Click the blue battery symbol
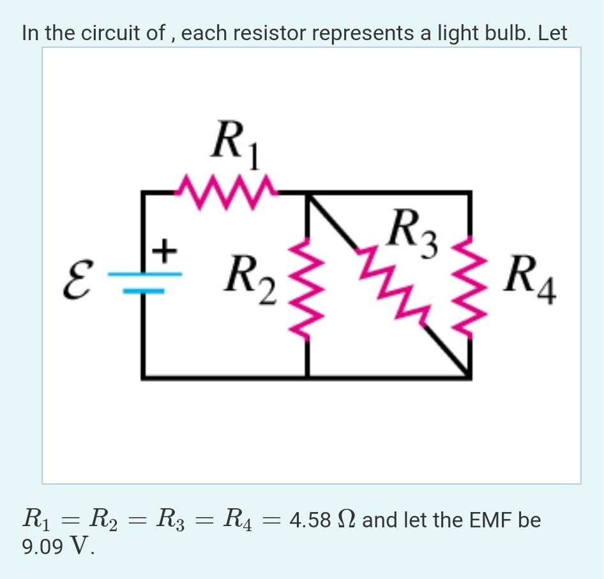coord(145,282)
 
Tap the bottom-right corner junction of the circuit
coord(471,377)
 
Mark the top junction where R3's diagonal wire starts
coord(308,192)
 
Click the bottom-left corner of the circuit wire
coord(143,377)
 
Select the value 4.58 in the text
coord(310,520)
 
